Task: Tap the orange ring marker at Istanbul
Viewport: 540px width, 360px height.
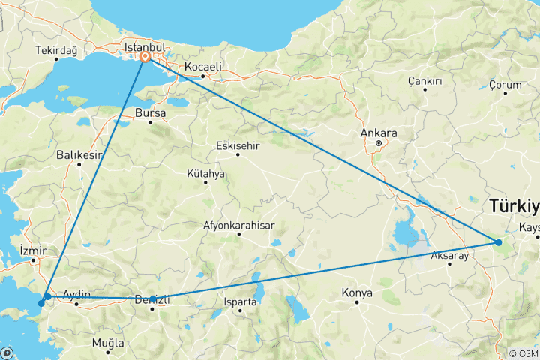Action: click(144, 57)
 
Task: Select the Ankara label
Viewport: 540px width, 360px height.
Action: click(379, 133)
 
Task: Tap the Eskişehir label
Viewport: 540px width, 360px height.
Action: click(237, 145)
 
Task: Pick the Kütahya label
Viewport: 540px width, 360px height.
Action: click(205, 173)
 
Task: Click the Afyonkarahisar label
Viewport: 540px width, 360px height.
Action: click(238, 225)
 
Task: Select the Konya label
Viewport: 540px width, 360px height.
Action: click(356, 292)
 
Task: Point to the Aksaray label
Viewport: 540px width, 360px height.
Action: click(449, 256)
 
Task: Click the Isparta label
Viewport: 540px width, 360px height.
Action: click(241, 302)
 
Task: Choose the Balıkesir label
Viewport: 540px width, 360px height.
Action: click(78, 155)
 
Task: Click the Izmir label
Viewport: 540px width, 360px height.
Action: click(34, 250)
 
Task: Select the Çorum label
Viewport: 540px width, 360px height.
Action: click(505, 85)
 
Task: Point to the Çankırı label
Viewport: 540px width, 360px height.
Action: click(424, 80)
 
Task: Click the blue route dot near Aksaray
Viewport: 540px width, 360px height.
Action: click(499, 241)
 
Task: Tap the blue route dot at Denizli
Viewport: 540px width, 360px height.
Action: click(153, 298)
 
